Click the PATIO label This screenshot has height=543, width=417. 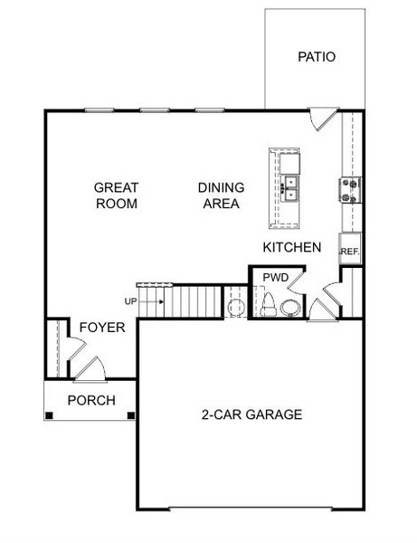(317, 57)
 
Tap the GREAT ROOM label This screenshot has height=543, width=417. (117, 195)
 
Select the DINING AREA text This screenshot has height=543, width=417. (222, 195)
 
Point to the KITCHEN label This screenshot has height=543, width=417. (292, 246)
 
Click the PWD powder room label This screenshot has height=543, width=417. (275, 277)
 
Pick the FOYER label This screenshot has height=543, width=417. (102, 327)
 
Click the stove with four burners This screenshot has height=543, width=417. (349, 190)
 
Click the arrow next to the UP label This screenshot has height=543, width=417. (154, 301)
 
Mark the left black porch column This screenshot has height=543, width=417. (49, 416)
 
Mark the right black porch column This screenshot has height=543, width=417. (132, 416)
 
